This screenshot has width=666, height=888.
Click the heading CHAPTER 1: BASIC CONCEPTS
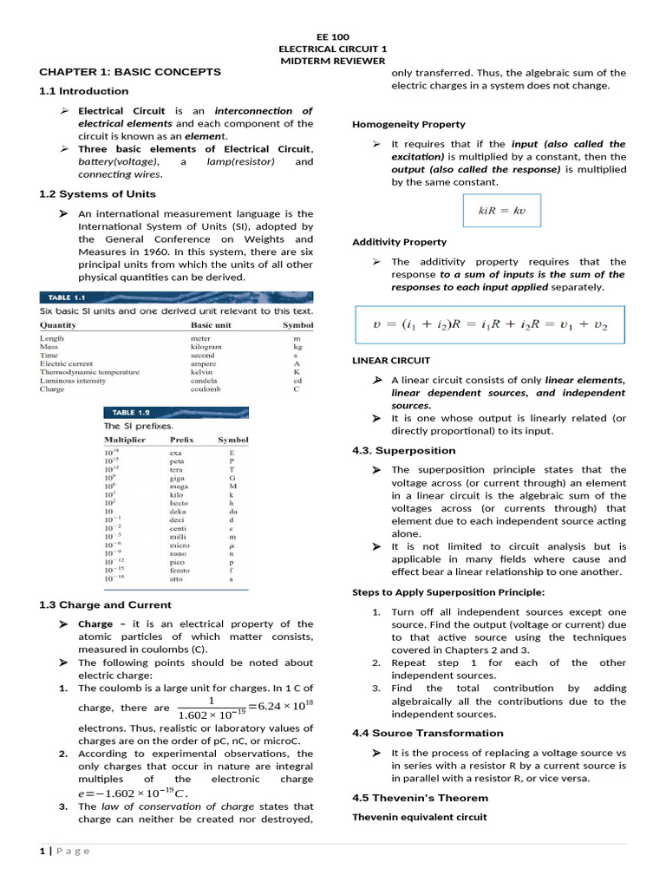130,72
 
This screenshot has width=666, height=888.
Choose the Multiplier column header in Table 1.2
126,440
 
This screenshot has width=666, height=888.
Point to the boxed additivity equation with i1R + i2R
490,325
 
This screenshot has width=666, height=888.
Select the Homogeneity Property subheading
408,125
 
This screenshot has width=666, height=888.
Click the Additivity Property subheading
400,242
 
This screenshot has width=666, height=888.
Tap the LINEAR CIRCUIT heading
391,360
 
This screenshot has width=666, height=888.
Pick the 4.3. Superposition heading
403,451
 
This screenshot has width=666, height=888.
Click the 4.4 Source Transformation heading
428,734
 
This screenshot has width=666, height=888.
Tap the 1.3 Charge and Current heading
106,605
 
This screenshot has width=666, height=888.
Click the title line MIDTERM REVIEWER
332,62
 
